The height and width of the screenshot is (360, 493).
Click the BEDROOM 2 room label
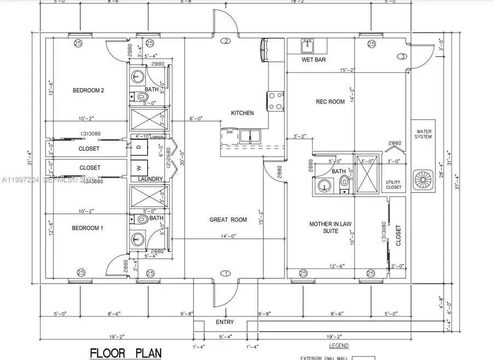point(88,90)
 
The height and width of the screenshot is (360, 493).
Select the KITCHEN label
point(242,113)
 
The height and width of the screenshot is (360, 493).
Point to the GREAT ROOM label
point(228,220)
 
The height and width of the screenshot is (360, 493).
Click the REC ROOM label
point(330,101)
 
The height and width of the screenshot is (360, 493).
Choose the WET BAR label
point(314,60)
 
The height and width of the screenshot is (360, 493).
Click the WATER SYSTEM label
point(424,134)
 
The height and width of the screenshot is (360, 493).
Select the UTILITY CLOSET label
point(393,185)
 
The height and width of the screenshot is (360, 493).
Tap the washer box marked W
point(139,168)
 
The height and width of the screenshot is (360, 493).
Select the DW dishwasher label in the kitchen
point(228,132)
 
